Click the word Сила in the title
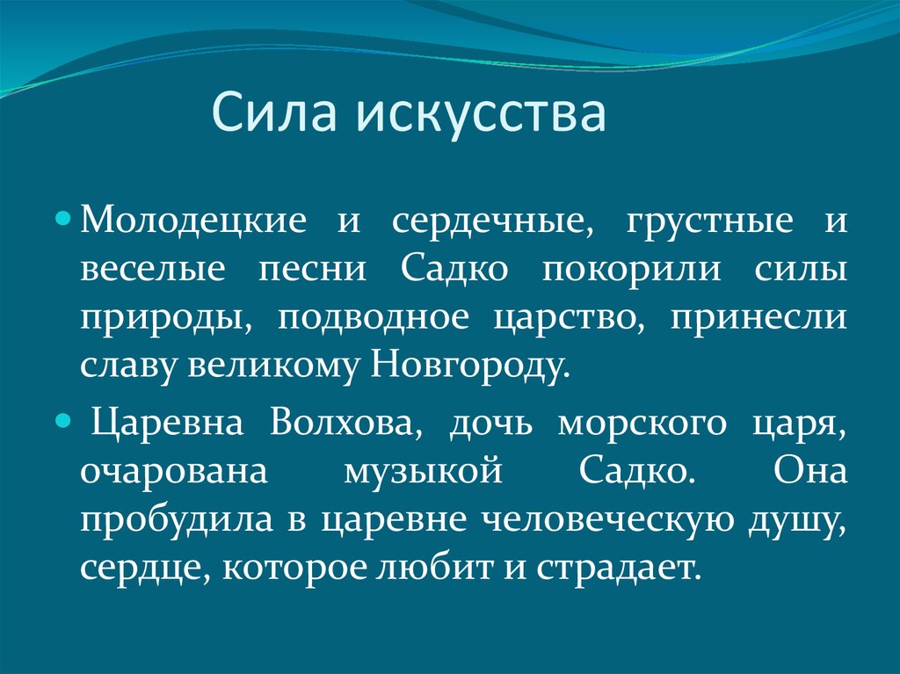274,111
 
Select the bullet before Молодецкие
63,220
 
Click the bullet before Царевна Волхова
63,423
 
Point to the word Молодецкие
194,221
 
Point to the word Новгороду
471,366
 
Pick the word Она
809,471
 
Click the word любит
434,567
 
